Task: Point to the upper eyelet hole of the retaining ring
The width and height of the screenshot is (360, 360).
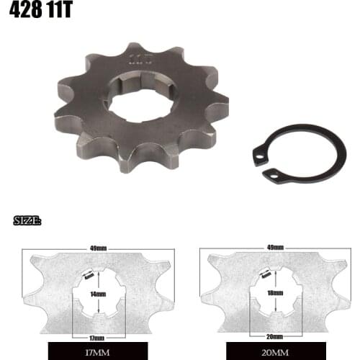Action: click(x=258, y=151)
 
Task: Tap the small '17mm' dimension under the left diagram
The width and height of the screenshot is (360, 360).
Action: click(x=98, y=338)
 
